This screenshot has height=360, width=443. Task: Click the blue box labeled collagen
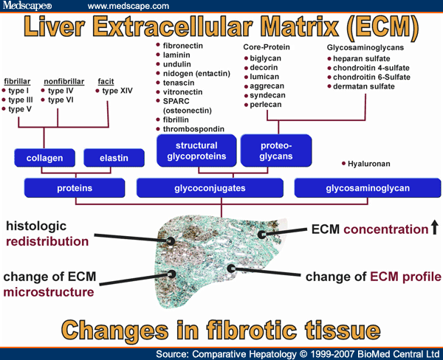point(44,157)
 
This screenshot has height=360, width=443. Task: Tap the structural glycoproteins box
point(196,150)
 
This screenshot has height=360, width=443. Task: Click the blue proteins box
point(75,188)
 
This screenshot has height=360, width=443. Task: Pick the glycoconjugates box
point(210,188)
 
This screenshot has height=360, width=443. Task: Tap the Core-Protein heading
point(267,46)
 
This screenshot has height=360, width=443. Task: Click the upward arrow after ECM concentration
point(434,229)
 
